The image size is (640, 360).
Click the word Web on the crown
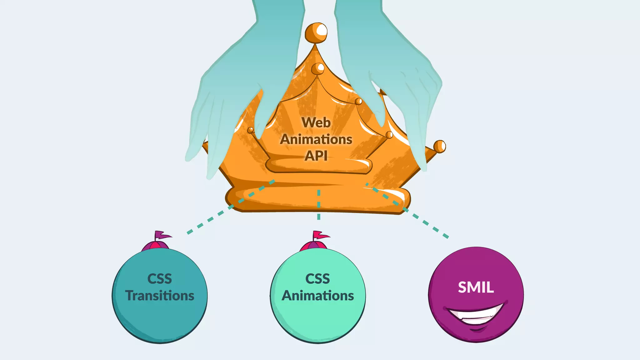coord(316,122)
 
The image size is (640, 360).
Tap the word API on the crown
coord(316,156)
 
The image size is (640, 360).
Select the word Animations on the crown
coord(316,139)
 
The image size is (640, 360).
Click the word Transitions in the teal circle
coord(160,296)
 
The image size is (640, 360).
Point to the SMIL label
coord(476,287)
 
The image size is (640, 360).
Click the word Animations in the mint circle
coord(317,296)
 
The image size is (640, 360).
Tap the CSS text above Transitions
coord(159,279)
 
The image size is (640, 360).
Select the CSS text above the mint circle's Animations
coord(317,279)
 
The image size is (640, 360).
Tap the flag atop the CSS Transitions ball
coord(162,235)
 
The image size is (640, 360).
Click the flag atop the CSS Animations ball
coord(320,235)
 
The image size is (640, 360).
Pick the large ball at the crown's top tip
coord(316,33)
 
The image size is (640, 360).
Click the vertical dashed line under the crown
coord(319,205)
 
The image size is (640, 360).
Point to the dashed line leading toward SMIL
coord(419,219)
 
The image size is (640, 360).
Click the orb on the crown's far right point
coord(440,146)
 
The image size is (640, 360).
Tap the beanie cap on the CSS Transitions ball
coord(155,246)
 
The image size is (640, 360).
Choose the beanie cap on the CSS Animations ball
coord(313,246)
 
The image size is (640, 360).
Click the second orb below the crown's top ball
coord(318,69)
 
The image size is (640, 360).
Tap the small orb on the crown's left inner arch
coord(251,130)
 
